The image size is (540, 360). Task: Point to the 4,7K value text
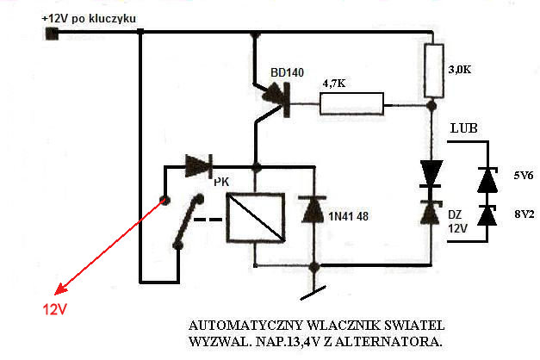point(336,84)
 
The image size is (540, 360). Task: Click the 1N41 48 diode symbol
point(309,211)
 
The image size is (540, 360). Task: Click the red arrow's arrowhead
point(57,291)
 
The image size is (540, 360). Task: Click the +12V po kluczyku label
point(89,19)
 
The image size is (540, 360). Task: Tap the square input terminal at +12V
point(50,34)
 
